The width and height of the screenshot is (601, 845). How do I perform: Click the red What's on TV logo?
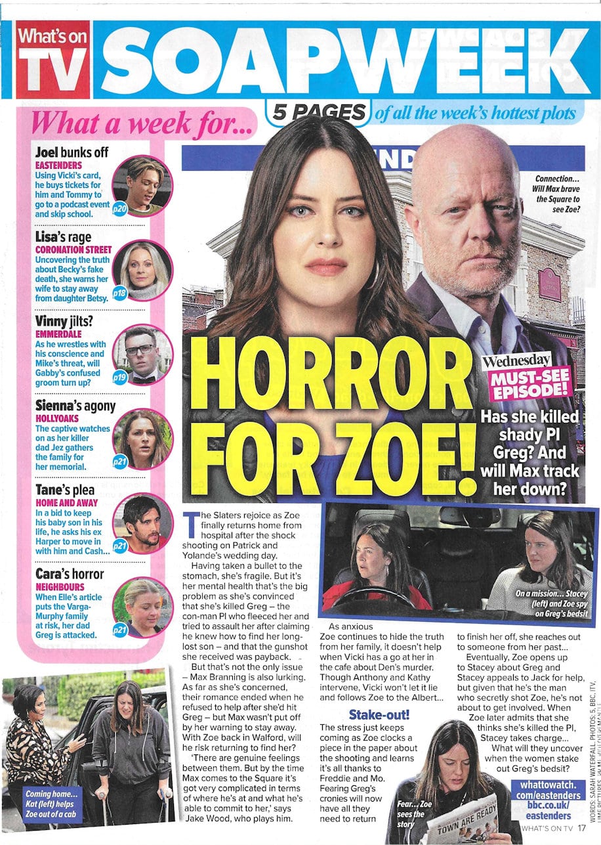click(52, 59)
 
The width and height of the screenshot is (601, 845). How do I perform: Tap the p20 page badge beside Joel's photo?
click(120, 208)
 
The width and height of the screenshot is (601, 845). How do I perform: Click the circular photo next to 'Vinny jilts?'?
click(142, 355)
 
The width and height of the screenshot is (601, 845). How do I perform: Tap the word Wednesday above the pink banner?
click(516, 361)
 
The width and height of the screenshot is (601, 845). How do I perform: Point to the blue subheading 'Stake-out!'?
click(373, 714)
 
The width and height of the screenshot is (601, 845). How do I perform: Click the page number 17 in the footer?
click(581, 828)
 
